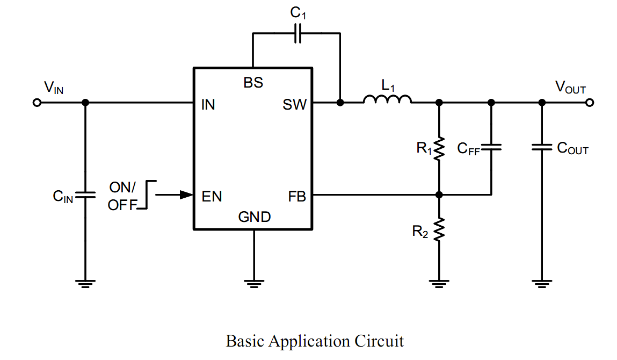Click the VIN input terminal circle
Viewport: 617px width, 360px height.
(x=37, y=103)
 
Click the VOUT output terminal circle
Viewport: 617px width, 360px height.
(x=590, y=103)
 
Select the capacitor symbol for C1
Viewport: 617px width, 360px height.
(x=297, y=33)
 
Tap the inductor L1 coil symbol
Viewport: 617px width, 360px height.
(x=387, y=100)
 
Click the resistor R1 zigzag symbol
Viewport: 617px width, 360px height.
(x=439, y=148)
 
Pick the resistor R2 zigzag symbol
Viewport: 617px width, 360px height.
(x=439, y=229)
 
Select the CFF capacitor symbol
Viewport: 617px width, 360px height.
(x=491, y=147)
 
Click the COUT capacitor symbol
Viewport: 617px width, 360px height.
(x=542, y=147)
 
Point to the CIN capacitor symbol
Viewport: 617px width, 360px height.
(x=85, y=196)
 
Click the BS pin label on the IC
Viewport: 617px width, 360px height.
(x=253, y=83)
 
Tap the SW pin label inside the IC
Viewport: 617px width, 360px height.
(x=294, y=105)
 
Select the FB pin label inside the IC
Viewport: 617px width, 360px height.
(x=297, y=197)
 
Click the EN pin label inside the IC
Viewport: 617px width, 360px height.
(x=212, y=197)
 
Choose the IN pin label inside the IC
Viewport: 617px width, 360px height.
(x=208, y=105)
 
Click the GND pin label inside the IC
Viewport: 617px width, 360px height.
(x=255, y=217)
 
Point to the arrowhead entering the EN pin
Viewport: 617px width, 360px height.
(x=186, y=195)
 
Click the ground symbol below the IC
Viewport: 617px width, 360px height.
(x=253, y=283)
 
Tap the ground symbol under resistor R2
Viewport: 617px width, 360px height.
(x=439, y=283)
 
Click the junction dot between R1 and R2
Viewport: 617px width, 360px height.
(x=439, y=195)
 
